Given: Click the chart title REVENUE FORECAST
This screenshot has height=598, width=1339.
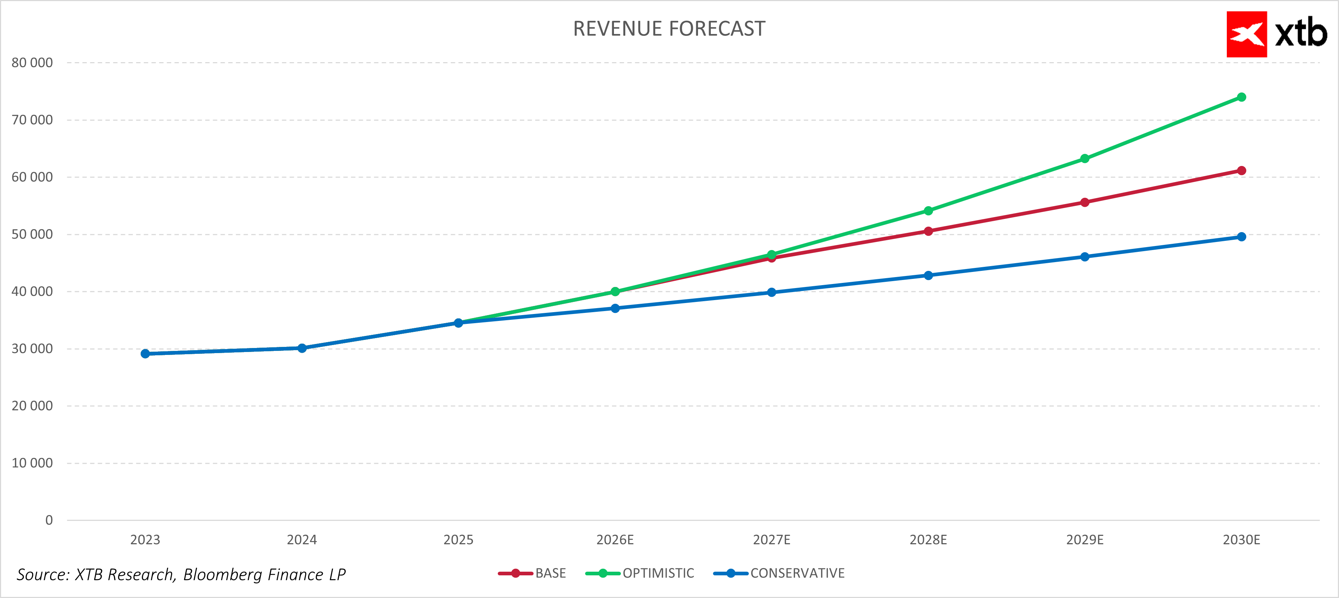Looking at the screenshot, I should (x=669, y=29).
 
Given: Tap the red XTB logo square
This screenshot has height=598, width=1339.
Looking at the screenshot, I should (x=1247, y=34).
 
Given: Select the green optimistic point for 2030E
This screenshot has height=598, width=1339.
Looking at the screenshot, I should (x=1241, y=97).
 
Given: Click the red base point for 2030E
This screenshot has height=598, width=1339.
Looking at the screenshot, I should (x=1241, y=171).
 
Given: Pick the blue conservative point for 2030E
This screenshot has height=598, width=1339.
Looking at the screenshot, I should (x=1241, y=236).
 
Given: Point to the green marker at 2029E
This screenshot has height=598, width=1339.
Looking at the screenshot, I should (x=1085, y=159).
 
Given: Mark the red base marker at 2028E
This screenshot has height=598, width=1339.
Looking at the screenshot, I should (x=928, y=231).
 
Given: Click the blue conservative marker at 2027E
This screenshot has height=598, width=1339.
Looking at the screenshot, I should (x=771, y=292).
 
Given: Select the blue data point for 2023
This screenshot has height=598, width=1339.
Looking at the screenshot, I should (x=145, y=353).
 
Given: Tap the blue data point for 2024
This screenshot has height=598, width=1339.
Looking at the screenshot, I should (x=302, y=348).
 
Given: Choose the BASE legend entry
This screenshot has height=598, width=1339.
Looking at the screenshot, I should (x=550, y=573).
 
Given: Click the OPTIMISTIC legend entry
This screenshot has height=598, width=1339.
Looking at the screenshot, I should (x=658, y=573).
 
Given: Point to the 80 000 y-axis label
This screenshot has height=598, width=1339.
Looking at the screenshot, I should (x=32, y=63).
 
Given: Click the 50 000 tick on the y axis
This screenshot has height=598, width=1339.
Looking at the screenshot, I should (x=32, y=235).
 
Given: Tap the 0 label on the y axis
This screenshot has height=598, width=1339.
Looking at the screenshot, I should (x=49, y=520).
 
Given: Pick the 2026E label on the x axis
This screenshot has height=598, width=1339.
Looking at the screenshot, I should (x=615, y=540).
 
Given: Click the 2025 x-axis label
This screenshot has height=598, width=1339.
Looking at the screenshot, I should (x=459, y=540).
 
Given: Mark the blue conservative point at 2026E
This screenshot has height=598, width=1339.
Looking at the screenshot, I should (x=615, y=309).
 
